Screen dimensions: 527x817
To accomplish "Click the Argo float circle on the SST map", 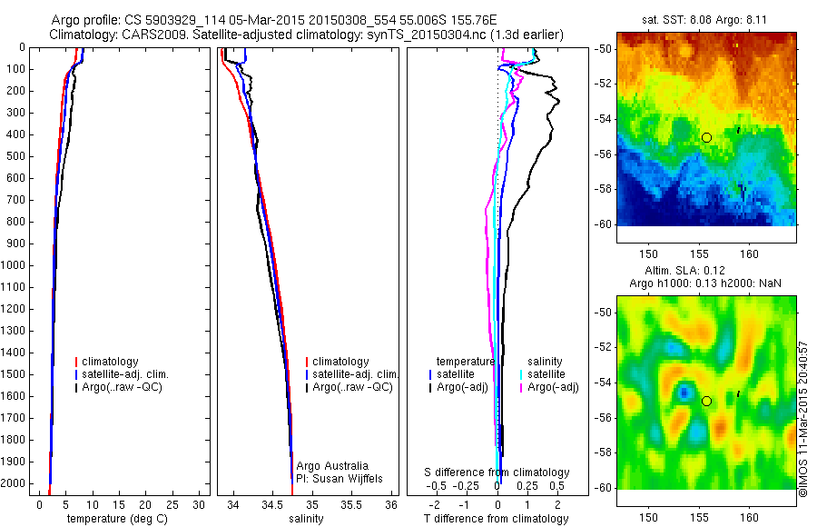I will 706,137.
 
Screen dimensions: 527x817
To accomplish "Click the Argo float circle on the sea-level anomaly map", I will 706,401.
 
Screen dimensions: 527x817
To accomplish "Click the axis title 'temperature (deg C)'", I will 114,519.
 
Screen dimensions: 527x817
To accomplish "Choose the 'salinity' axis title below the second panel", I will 305,519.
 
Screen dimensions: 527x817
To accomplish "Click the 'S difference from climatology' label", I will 497,472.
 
